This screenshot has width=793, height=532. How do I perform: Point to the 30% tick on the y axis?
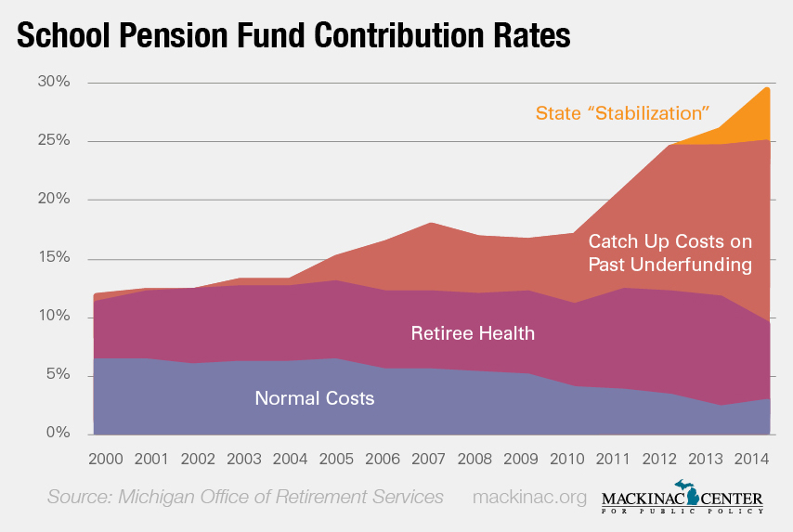[54, 82]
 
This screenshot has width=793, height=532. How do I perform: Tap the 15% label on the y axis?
[54, 257]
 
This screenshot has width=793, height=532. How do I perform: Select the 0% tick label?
[58, 433]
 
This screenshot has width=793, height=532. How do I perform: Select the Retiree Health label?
[473, 332]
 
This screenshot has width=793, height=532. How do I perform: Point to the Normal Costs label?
[315, 398]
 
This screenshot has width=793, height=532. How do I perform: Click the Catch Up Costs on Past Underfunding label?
[669, 253]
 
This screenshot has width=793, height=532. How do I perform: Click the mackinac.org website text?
[529, 497]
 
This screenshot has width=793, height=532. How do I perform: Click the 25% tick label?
[54, 140]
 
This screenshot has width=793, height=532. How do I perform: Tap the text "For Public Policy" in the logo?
[682, 511]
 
